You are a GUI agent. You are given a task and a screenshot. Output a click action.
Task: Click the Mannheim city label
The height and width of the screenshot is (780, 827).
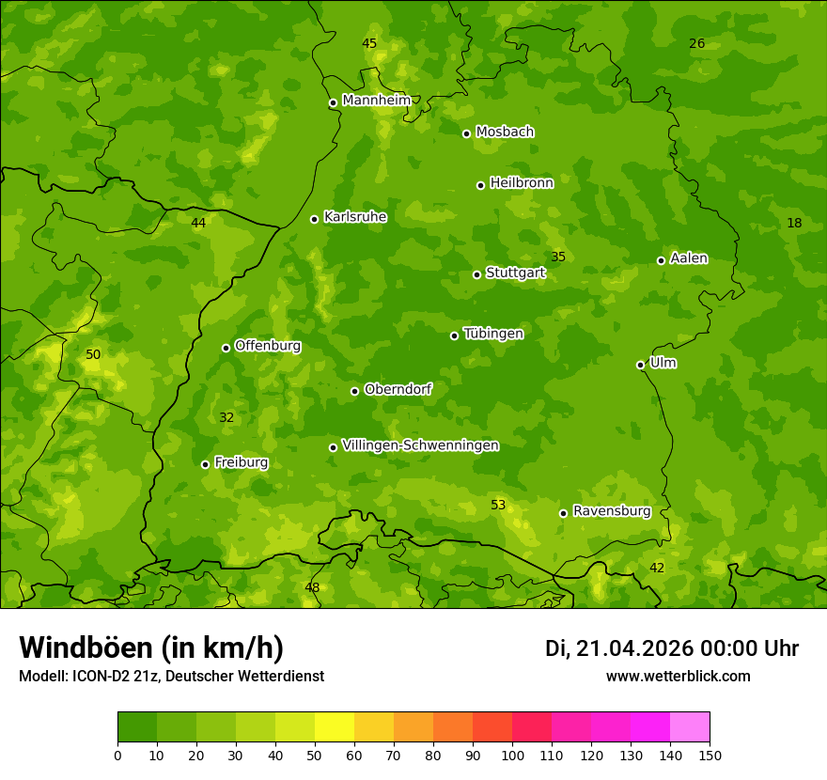[x=376, y=101]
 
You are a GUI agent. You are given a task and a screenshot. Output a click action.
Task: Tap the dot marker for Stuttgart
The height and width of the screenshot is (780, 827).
[x=476, y=274]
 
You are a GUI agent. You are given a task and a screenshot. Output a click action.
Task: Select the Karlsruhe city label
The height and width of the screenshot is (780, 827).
[x=354, y=217]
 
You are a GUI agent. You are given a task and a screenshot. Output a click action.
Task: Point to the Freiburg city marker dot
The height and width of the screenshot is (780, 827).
[x=205, y=464]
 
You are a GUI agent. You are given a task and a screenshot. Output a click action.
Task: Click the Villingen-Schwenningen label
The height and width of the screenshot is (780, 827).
[x=420, y=445]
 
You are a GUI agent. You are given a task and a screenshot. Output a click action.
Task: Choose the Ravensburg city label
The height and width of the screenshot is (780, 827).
[x=612, y=511]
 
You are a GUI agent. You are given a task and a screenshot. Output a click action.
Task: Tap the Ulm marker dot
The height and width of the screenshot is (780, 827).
[x=640, y=365]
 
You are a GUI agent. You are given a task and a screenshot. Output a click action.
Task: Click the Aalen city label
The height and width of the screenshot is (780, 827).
[x=689, y=258]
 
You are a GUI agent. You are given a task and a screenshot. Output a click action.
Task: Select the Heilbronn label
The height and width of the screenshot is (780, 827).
[x=522, y=183]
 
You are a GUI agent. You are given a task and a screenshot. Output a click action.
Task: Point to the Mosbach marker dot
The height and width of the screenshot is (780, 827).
[x=466, y=133]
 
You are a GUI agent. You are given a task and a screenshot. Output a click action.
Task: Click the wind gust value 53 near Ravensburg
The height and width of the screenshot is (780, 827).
[x=498, y=505]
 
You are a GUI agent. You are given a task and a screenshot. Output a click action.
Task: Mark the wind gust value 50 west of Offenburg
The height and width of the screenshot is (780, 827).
[x=93, y=354]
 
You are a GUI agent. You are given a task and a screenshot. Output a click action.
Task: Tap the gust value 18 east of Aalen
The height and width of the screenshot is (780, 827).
[x=794, y=223]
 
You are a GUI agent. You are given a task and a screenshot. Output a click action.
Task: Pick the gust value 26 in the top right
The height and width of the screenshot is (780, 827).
[x=696, y=43]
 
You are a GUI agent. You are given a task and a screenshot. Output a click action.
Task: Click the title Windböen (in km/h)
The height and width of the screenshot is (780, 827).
[x=150, y=647]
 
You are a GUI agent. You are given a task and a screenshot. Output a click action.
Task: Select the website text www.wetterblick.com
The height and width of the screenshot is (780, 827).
[x=678, y=676]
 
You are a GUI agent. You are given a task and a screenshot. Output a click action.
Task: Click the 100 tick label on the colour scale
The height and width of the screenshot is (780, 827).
[x=512, y=755]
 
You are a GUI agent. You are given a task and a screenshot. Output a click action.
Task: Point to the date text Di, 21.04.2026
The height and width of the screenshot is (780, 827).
[x=619, y=648]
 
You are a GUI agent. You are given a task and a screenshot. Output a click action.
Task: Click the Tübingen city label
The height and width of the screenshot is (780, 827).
[x=493, y=334]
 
